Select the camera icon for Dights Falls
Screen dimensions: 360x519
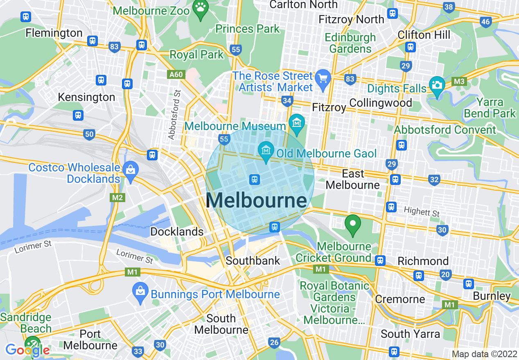[x=437, y=85]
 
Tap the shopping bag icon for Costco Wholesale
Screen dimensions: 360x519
[x=131, y=169]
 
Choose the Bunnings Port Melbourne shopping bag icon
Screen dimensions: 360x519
[x=140, y=291]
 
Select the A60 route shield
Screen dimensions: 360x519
[x=176, y=74]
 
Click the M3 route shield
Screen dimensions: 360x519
[x=459, y=82]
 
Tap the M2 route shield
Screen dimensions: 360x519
[x=117, y=198]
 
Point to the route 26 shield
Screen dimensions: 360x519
[x=274, y=342]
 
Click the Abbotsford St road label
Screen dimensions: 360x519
[x=174, y=115]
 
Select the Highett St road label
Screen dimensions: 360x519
[x=422, y=211]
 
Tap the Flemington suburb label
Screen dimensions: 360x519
[x=54, y=33]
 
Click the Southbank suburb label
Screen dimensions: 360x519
[x=253, y=261]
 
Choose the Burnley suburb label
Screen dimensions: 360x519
[x=492, y=296]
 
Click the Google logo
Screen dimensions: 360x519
[x=28, y=350]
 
